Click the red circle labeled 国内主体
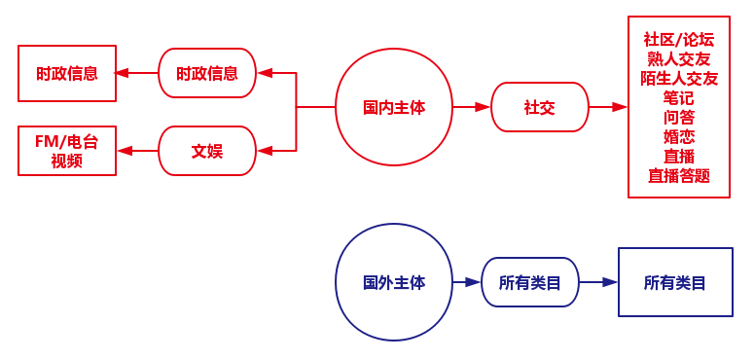[x=393, y=107]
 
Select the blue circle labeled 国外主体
[x=393, y=282]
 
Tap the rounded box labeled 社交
[x=539, y=107]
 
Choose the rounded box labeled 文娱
[x=207, y=151]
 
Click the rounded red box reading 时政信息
[x=207, y=73]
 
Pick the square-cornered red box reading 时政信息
[x=67, y=73]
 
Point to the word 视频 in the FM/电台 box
[x=67, y=161]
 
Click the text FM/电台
[x=67, y=141]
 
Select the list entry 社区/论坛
[x=678, y=40]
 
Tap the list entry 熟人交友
[x=678, y=59]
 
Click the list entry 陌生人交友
[x=678, y=79]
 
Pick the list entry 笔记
[x=678, y=98]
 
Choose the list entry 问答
[x=678, y=118]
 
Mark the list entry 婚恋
[x=678, y=137]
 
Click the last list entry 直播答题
[x=678, y=176]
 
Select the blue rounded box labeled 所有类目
[x=529, y=282]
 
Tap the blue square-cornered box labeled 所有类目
[x=674, y=282]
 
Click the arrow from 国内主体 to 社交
[x=471, y=107]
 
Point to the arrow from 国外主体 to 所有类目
[x=467, y=282]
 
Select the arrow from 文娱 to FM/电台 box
[x=137, y=151]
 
